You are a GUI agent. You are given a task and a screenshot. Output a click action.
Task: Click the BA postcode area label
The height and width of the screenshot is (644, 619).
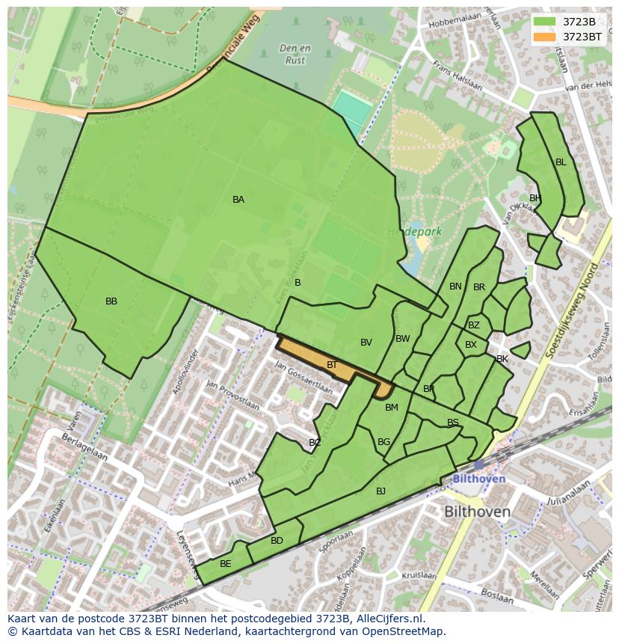238,200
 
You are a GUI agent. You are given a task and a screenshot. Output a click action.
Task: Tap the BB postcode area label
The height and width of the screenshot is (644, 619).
111,301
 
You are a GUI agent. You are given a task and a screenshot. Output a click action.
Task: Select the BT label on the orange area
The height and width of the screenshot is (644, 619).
333,365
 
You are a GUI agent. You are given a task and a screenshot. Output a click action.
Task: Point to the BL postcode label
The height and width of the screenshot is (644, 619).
561,162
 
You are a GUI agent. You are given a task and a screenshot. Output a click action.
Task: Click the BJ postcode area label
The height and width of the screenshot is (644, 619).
381,491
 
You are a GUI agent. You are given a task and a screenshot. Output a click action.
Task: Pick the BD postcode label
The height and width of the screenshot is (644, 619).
277,541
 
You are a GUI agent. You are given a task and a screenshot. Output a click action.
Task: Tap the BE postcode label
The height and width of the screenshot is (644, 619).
225,564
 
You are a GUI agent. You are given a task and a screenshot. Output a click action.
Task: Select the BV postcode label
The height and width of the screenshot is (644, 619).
366,343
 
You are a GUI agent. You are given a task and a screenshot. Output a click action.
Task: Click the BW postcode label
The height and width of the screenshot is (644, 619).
403,339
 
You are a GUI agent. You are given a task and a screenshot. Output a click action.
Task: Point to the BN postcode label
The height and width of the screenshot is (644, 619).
455,286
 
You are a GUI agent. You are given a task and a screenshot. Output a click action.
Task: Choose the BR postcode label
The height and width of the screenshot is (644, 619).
479,287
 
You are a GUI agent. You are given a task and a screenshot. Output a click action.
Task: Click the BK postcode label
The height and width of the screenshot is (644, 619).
502,359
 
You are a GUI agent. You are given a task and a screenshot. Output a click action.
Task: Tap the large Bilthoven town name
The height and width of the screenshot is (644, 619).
477,512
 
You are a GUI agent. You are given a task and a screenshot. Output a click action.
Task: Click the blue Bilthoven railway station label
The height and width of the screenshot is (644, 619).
479,479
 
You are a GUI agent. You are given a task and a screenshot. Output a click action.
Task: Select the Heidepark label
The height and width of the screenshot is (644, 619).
414,232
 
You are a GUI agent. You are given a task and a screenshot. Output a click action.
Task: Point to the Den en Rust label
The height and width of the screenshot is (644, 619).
295,55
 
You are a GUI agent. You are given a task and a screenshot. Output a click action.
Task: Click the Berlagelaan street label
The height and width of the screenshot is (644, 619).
84,447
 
